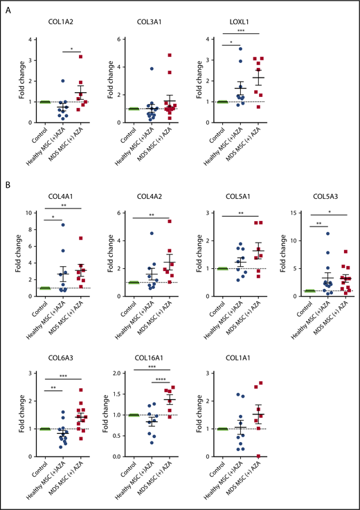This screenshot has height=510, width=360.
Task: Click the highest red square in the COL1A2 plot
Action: coord(80,56)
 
